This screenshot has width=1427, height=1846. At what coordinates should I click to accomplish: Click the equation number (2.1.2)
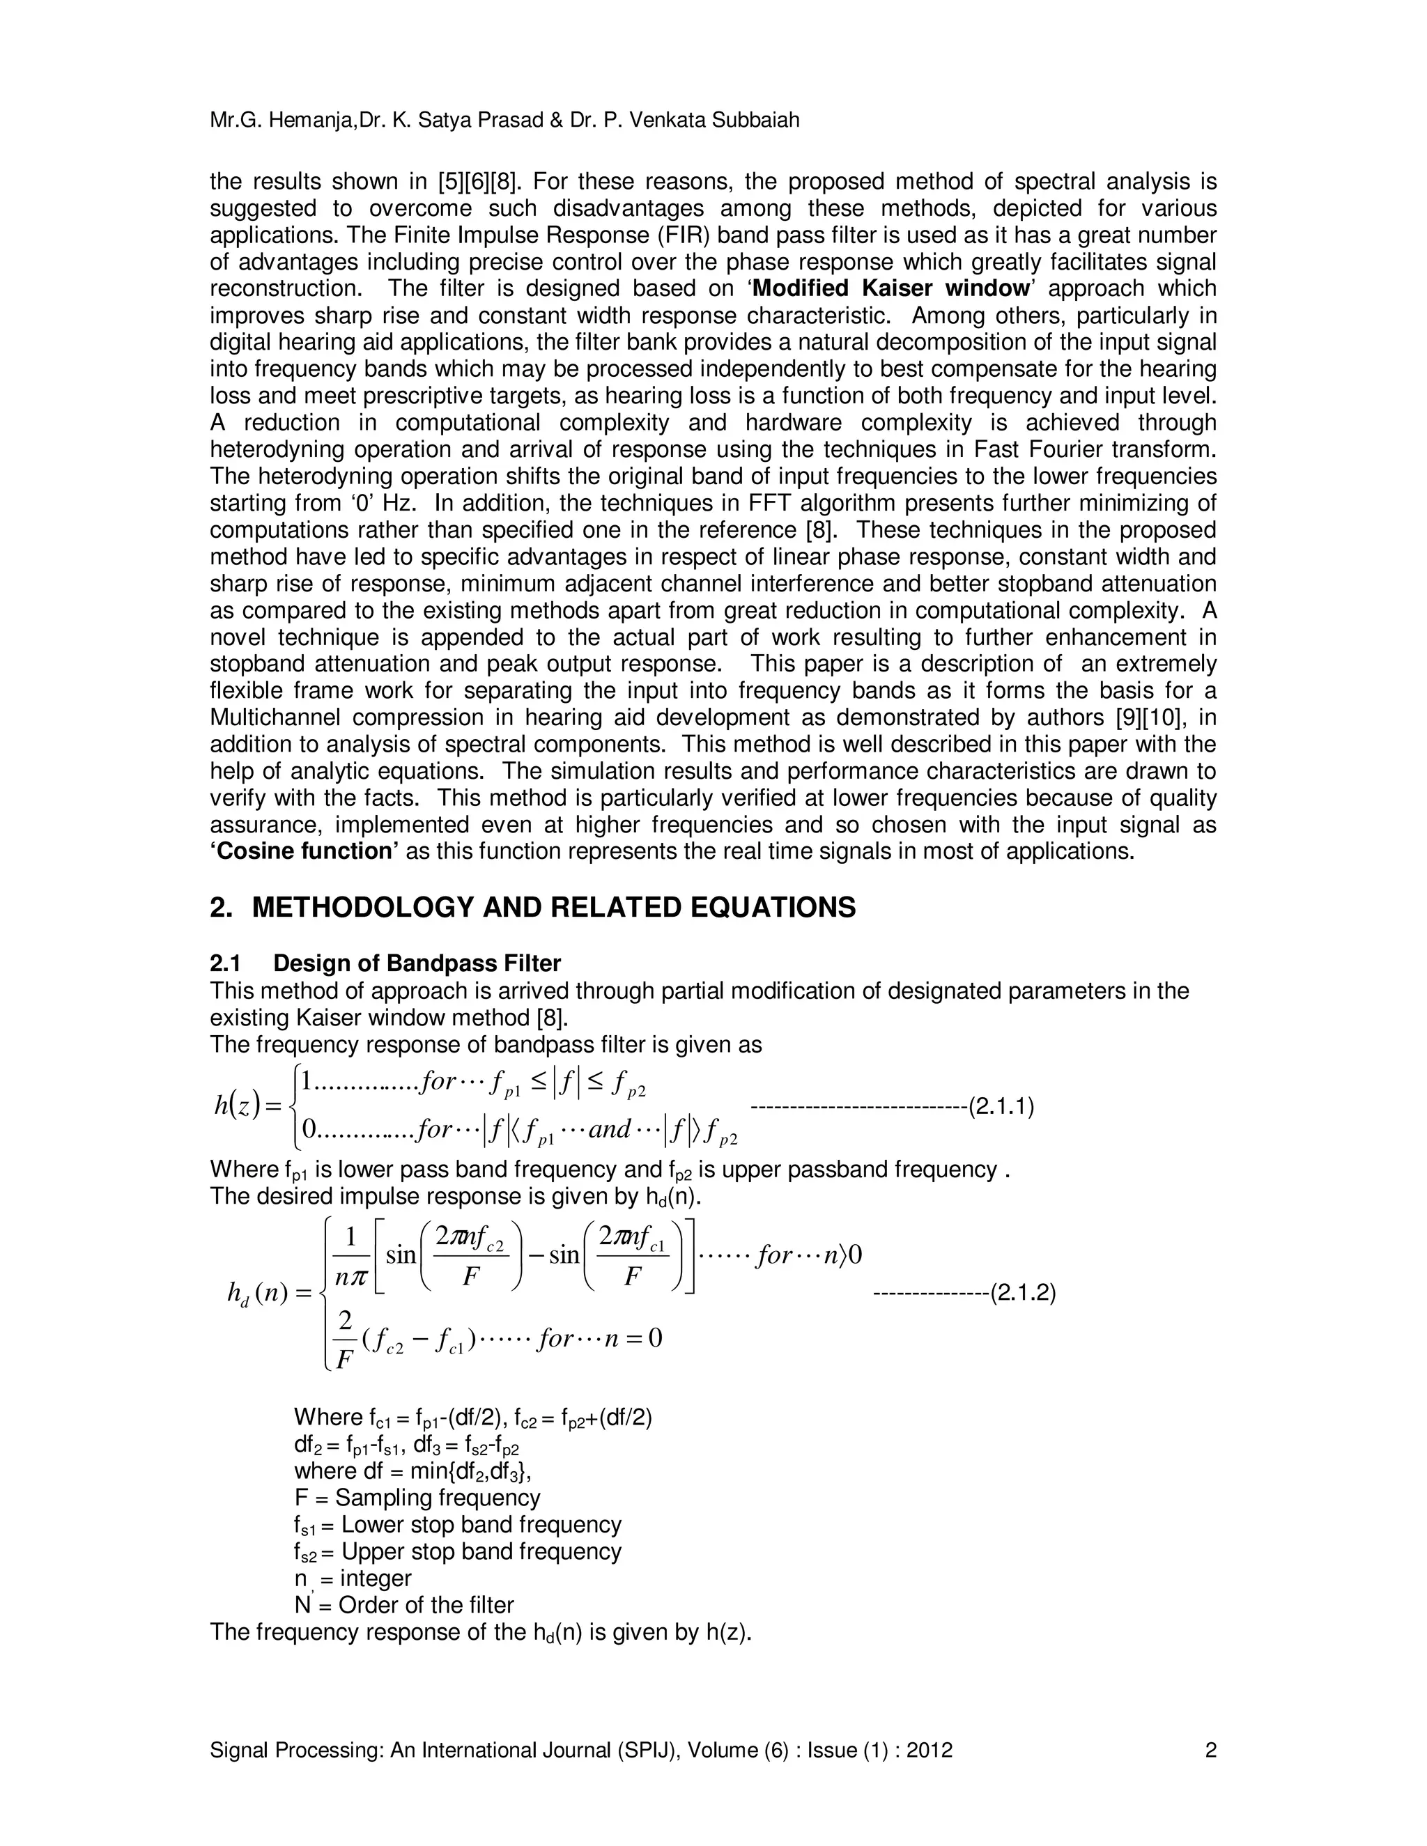(x=1023, y=1292)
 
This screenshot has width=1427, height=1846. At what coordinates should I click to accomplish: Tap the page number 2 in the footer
(x=1210, y=1750)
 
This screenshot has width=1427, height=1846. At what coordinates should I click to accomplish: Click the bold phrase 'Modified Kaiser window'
(x=891, y=288)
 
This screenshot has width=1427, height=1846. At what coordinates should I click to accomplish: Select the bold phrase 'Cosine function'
(x=304, y=851)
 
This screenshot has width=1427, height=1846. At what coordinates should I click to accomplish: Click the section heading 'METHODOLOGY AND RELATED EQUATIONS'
(x=554, y=908)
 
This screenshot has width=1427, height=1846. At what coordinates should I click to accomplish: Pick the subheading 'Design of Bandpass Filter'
(x=417, y=963)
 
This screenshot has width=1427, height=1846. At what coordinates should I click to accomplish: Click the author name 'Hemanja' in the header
(x=313, y=121)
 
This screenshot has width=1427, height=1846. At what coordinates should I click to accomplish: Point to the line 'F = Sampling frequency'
(x=417, y=1498)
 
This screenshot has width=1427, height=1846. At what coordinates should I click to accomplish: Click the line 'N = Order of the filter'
(x=403, y=1605)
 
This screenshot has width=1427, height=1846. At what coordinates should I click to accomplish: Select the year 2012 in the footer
(x=929, y=1750)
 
